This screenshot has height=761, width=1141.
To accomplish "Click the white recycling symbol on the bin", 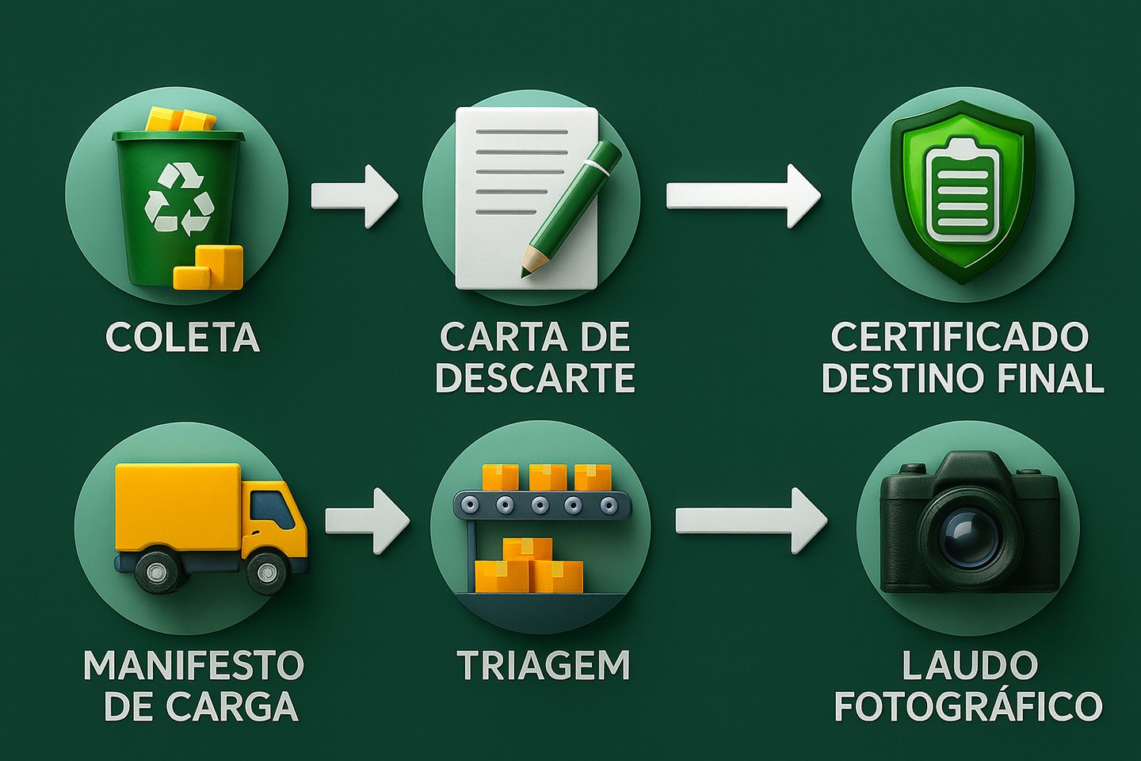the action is [180, 199].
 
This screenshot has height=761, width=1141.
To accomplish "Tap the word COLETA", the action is [182, 338].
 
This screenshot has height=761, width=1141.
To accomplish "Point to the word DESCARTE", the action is [536, 377].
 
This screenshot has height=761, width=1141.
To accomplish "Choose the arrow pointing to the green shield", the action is [742, 196].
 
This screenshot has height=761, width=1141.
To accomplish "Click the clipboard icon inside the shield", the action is [962, 189].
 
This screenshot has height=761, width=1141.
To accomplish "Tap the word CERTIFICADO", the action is [960, 338].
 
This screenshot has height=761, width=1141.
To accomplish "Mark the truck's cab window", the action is [272, 510].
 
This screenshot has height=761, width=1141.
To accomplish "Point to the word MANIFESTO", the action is [193, 666].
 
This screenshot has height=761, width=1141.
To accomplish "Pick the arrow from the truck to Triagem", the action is [367, 520].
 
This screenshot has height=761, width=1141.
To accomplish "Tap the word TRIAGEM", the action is [544, 666].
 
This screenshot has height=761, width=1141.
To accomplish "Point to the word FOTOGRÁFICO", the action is [968, 706].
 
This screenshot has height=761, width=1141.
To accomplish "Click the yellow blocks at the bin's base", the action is [209, 268].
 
